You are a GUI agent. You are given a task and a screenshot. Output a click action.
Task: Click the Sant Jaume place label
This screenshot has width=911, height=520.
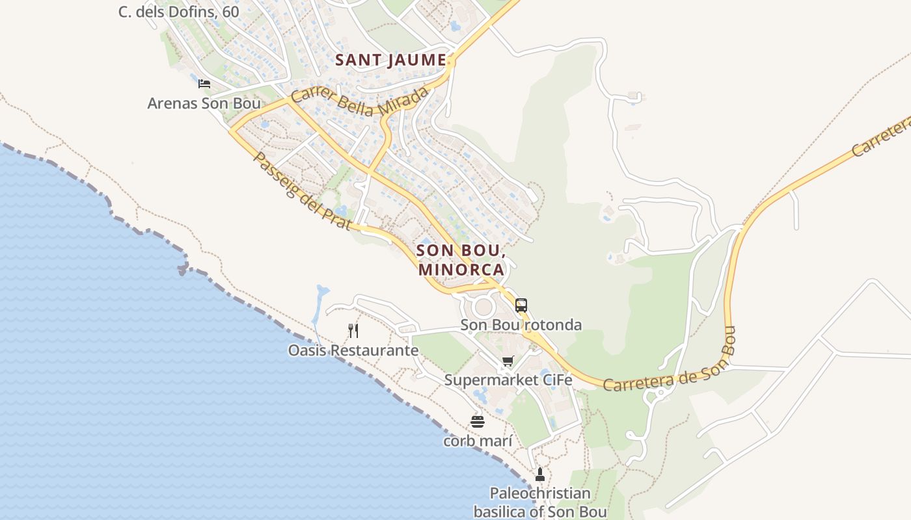click(x=390, y=60)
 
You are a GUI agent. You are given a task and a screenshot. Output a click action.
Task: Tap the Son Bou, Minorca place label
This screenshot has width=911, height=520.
click(x=461, y=259)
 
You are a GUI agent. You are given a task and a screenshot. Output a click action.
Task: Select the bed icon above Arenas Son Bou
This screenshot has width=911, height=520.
click(x=204, y=84)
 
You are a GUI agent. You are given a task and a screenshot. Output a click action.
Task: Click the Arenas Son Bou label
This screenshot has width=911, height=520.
click(x=204, y=103)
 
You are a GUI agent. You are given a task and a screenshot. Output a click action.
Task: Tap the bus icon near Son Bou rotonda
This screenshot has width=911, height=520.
click(x=521, y=305)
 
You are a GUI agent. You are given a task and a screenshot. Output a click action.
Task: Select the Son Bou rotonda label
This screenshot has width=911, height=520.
click(x=521, y=325)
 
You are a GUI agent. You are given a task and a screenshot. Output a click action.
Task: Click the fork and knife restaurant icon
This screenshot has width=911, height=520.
click(x=353, y=331)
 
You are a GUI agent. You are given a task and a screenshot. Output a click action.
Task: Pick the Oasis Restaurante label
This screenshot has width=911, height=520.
click(x=353, y=350)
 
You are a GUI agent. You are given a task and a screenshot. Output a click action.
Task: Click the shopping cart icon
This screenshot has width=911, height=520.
click(x=508, y=361)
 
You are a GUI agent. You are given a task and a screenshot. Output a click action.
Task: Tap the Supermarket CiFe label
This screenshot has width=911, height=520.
click(x=508, y=380)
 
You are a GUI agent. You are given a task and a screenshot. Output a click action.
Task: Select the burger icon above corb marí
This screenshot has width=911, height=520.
click(x=478, y=422)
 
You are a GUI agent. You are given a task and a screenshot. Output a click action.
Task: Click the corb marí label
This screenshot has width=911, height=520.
click(x=478, y=441)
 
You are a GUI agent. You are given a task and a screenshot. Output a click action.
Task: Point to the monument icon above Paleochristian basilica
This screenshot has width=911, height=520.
click(x=539, y=474)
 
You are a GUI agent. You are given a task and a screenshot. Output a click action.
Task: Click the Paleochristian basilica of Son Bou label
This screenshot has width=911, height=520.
click(x=539, y=502)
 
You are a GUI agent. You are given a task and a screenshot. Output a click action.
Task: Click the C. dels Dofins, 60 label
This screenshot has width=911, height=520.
click(x=178, y=12)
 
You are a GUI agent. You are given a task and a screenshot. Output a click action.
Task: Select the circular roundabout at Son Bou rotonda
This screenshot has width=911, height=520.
click(x=483, y=307)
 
